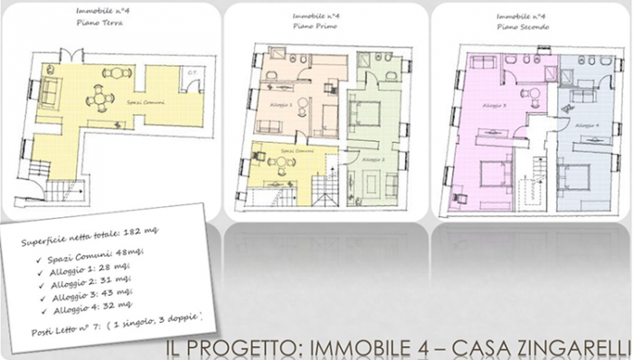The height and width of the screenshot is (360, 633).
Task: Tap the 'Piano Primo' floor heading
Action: pyautogui.click(x=315, y=27)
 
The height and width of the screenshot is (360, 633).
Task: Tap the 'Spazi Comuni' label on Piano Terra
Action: pyautogui.click(x=140, y=104)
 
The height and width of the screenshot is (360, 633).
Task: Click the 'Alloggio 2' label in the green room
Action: pyautogui.click(x=373, y=159)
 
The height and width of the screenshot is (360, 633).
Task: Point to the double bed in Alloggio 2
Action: pyautogui.click(x=366, y=112)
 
